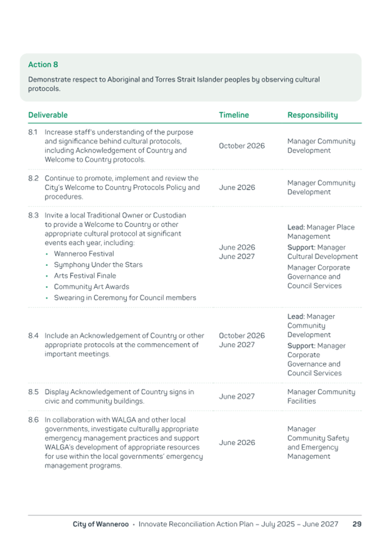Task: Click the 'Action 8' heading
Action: click(43, 65)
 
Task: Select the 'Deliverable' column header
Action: click(48, 115)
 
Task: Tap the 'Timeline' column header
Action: click(233, 115)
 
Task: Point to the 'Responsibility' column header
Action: click(312, 115)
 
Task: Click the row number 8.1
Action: click(33, 132)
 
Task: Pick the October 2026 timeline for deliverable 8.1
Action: click(241, 146)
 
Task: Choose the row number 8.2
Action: click(33, 179)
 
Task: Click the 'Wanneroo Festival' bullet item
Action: click(84, 254)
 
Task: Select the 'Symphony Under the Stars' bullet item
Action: click(98, 265)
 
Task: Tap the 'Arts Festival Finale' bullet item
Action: click(85, 276)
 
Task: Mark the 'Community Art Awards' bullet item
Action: click(91, 287)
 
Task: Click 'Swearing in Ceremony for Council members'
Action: click(125, 298)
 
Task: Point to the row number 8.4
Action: click(33, 335)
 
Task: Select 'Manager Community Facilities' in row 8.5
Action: click(321, 396)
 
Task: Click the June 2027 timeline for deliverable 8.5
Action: click(237, 396)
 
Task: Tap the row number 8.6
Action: click(33, 419)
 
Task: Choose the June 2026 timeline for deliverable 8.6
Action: click(237, 443)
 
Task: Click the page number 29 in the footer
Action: click(356, 524)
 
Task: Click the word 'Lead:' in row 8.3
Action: click(296, 227)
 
